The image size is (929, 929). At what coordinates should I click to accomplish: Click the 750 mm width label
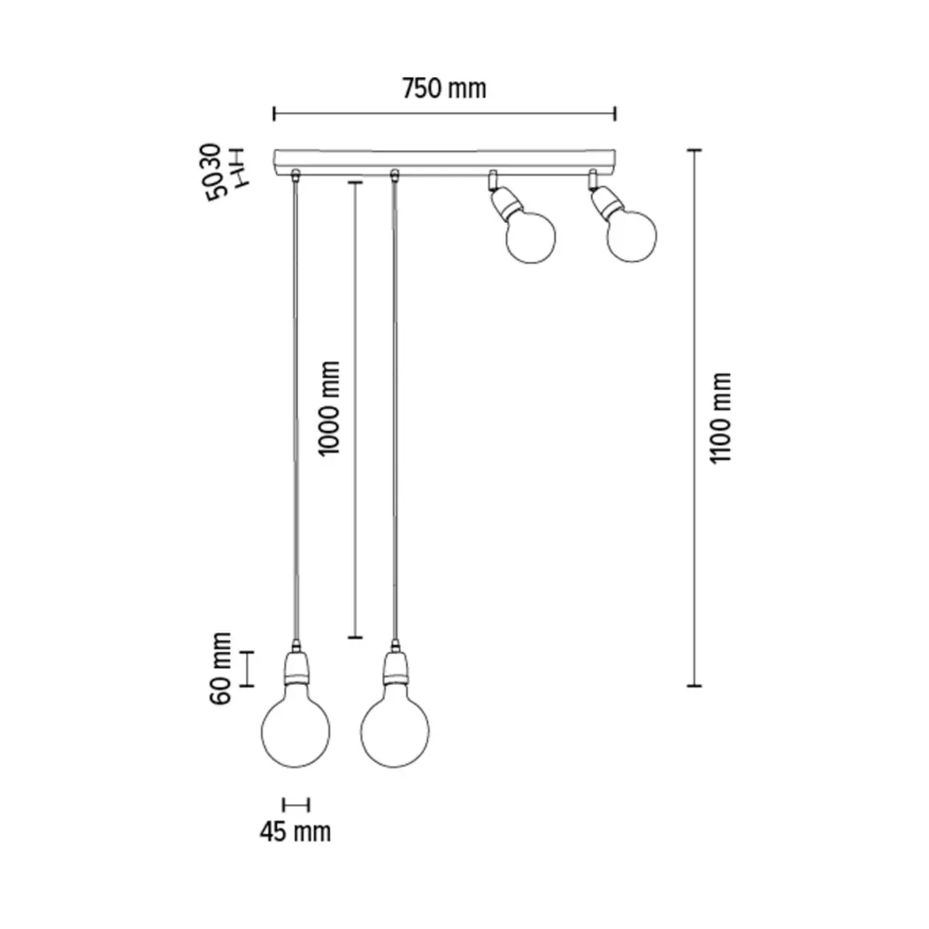point(444,88)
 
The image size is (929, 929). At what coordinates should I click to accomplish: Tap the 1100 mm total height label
point(721,418)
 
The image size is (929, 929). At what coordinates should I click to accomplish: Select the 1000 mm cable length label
point(329,408)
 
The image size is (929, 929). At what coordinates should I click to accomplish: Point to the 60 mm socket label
point(220,668)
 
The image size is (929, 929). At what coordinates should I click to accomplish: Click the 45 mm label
point(295,832)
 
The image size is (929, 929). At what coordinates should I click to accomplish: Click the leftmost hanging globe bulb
point(296,731)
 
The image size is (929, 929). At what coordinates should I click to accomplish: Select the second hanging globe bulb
point(395,731)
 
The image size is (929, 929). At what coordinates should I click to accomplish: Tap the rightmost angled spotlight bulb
point(632,236)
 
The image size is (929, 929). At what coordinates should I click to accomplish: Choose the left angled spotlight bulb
point(531,236)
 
